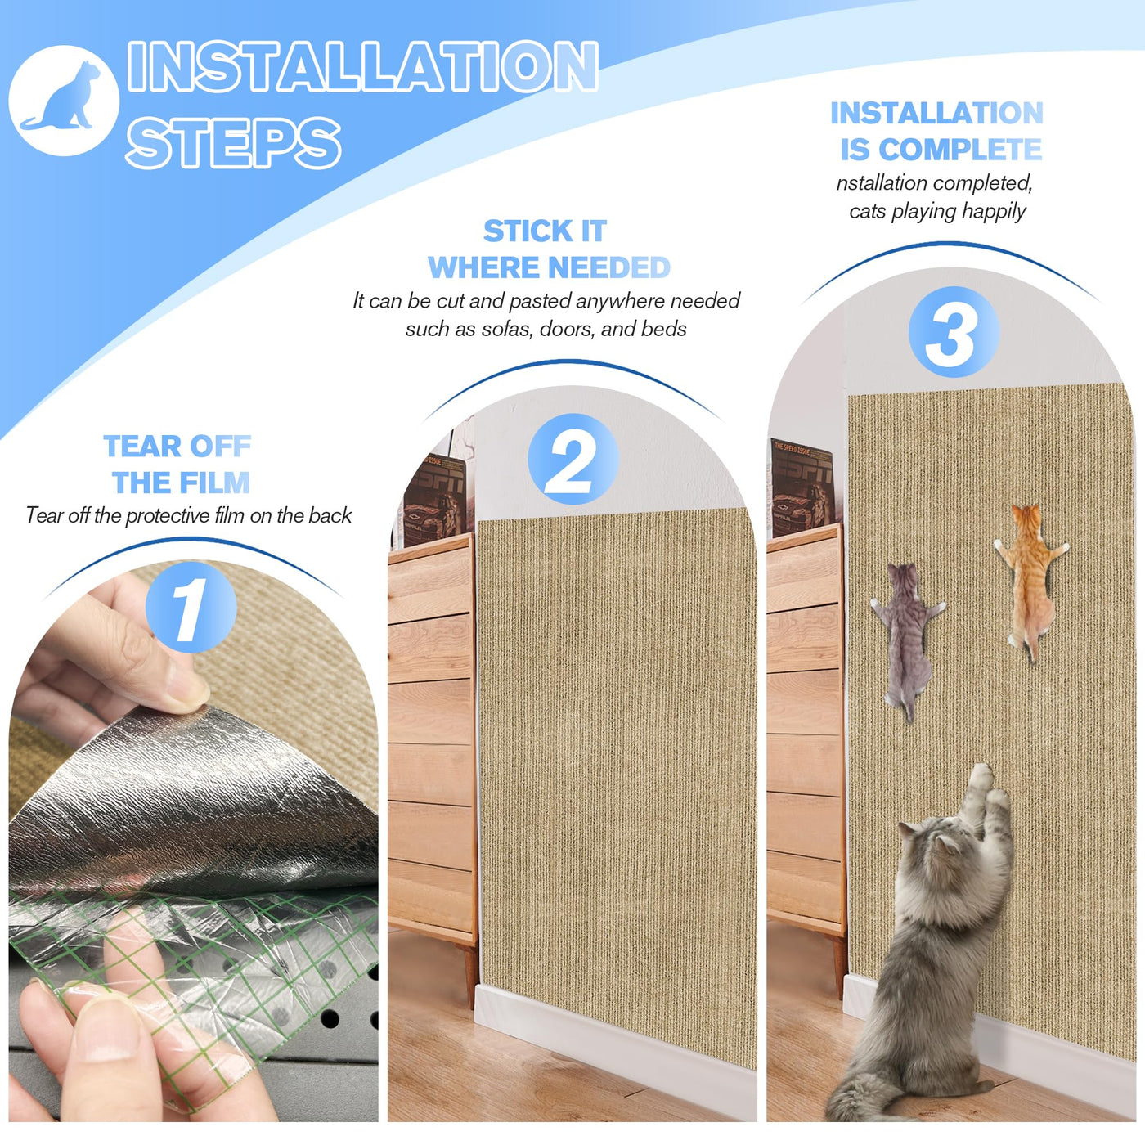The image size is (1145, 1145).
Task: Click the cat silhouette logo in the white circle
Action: pyautogui.click(x=62, y=98)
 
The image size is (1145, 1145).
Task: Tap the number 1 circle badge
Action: pyautogui.click(x=191, y=608)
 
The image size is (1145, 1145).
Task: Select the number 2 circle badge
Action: pyautogui.click(x=573, y=460)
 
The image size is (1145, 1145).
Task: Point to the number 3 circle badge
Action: pyautogui.click(x=954, y=331)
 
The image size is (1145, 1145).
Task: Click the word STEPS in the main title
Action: pyautogui.click(x=233, y=142)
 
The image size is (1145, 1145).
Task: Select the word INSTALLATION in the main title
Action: pyautogui.click(x=362, y=66)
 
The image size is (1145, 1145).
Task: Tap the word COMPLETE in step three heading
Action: pyautogui.click(x=960, y=149)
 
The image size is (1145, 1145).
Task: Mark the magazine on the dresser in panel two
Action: pyautogui.click(x=436, y=499)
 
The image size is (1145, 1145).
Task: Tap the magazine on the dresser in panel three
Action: pyautogui.click(x=803, y=487)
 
